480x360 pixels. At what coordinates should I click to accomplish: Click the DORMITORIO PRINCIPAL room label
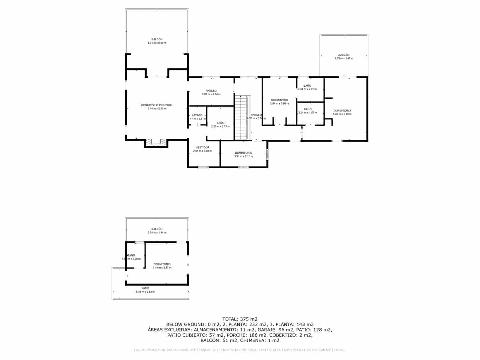tap(157, 105)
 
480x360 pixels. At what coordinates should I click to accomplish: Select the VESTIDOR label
tap(202, 147)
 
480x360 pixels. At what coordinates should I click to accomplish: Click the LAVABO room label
tap(197, 115)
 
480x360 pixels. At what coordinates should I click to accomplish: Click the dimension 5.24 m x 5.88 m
tap(157, 43)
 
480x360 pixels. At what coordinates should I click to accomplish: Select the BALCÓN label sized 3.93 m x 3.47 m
tap(344, 55)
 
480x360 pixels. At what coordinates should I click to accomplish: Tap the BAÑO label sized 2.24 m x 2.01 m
tap(307, 86)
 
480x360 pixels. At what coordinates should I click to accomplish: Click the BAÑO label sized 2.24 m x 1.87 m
tap(307, 109)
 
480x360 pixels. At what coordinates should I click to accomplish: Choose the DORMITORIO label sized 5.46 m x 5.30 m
tap(342, 111)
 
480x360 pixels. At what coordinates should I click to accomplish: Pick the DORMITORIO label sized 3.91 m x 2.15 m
tap(244, 153)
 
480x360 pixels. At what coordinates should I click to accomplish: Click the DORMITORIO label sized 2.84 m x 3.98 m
tap(279, 100)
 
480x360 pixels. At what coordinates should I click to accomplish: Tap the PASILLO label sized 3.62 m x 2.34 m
tap(211, 91)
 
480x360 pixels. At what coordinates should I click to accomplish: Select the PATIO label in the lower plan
tap(145, 288)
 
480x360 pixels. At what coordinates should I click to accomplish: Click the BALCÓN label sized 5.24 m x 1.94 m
tap(157, 229)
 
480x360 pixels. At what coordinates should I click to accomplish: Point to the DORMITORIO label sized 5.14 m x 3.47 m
tap(162, 264)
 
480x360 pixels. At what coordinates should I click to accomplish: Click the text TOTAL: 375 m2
tap(240, 319)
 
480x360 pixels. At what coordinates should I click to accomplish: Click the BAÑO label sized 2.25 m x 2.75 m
tap(220, 123)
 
